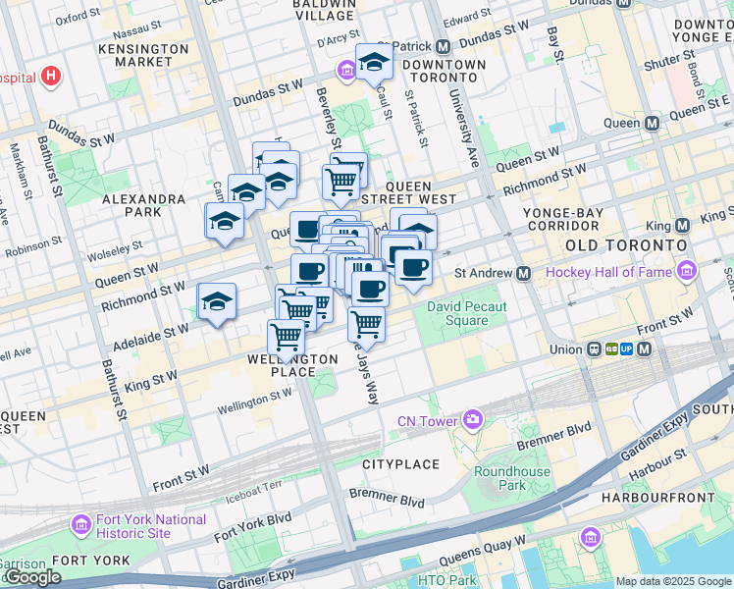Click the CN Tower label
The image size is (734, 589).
click(428, 421)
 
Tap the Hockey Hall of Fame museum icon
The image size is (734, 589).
click(686, 271)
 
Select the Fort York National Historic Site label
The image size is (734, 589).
click(150, 526)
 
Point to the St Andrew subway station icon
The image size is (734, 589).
click(524, 273)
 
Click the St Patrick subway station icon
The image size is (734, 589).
click(443, 46)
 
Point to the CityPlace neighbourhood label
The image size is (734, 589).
click(399, 462)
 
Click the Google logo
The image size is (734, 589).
click(32, 577)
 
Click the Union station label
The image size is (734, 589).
click(565, 348)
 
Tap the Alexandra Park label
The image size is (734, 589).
click(143, 205)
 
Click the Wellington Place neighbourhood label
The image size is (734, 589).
click(293, 365)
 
